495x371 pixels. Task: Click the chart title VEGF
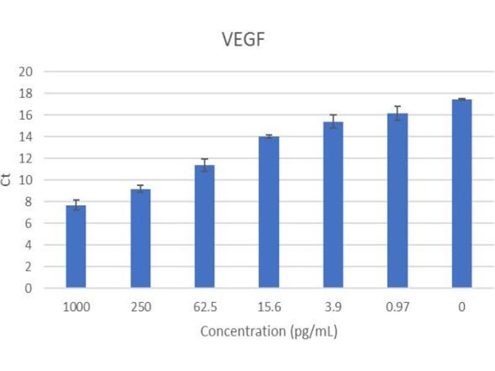coord(244,39)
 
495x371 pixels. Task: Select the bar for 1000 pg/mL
coord(76,247)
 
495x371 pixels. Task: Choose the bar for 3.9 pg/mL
coord(333,205)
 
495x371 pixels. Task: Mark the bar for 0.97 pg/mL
coord(397,201)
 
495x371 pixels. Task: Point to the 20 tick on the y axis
coord(43,72)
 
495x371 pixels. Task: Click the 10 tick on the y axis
coord(43,180)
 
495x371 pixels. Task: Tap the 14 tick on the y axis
coord(43,137)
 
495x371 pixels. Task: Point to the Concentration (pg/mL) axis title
coord(269,331)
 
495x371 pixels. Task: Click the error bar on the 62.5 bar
coord(204,164)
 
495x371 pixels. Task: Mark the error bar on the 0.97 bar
coord(397,113)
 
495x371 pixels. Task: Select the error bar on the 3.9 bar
coord(333,121)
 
